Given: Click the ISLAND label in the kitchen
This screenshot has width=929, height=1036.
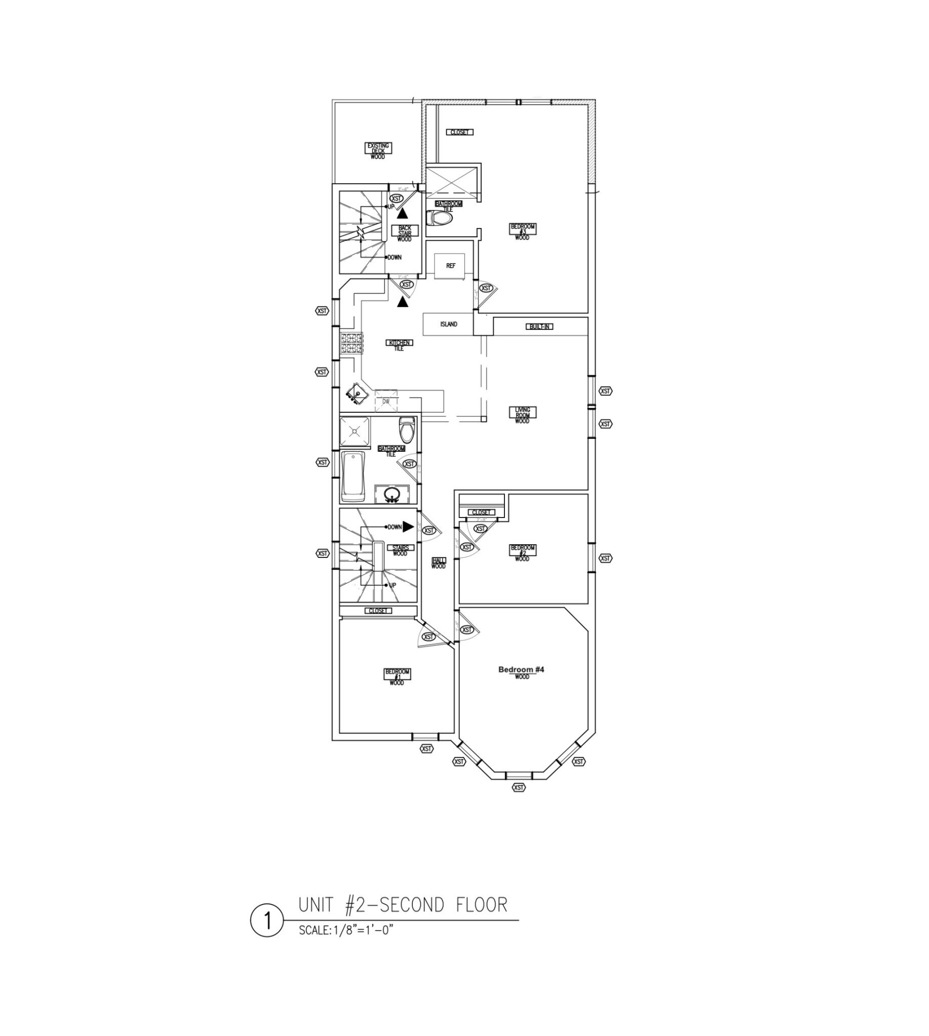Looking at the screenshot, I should (x=449, y=324).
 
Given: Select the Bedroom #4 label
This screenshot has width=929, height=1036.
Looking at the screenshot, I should (x=521, y=670).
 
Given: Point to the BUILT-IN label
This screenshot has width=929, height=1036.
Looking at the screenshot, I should (x=539, y=327).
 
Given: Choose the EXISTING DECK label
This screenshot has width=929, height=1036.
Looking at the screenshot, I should (x=378, y=151).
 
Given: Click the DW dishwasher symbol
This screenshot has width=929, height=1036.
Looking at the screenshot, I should (x=386, y=402).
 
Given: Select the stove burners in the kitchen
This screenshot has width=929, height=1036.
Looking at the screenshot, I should (x=352, y=343).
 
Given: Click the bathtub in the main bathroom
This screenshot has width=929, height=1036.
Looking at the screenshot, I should (x=353, y=476).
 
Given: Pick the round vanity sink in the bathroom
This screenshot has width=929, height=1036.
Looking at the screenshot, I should (x=392, y=494).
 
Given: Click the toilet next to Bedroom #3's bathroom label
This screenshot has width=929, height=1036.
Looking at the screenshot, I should (x=440, y=219).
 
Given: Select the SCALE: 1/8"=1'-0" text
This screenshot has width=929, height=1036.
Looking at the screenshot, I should (x=346, y=930).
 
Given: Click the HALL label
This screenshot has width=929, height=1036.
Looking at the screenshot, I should (x=439, y=563).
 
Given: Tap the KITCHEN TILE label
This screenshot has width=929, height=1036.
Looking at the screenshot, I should (x=399, y=345).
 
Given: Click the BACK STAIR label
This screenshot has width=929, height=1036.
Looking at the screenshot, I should (x=405, y=233).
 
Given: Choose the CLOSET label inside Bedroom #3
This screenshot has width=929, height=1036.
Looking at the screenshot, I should (x=459, y=132).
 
